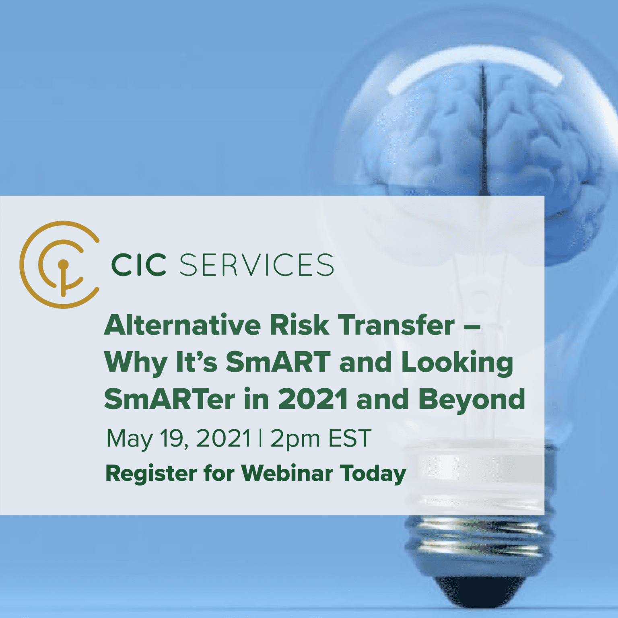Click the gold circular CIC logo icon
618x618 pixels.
tap(60, 264)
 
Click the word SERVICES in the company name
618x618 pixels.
tap(256, 265)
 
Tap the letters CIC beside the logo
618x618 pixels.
tap(138, 265)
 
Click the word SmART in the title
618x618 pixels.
tap(278, 362)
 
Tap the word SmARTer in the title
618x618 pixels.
tap(169, 399)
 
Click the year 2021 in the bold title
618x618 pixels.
tap(313, 399)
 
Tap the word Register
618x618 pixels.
tap(151, 474)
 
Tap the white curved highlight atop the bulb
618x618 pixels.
tap(475, 68)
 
